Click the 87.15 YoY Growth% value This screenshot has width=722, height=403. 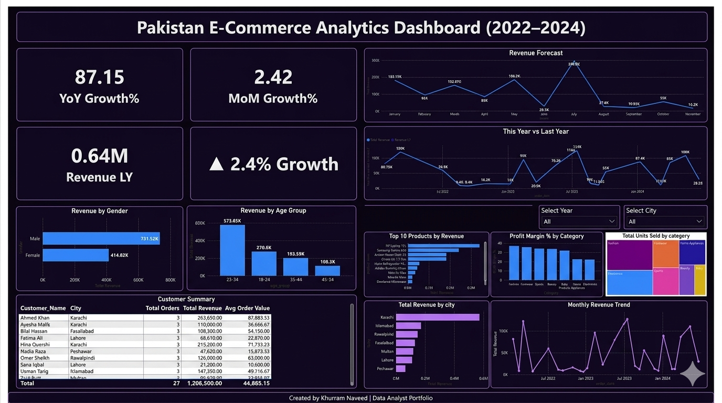click(x=99, y=77)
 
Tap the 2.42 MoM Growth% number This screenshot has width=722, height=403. click(x=273, y=77)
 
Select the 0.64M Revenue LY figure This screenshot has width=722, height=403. click(x=99, y=156)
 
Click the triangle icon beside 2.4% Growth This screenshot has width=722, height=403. click(x=216, y=164)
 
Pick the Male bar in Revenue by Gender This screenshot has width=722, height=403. click(x=101, y=239)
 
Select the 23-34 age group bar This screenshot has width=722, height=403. click(x=232, y=250)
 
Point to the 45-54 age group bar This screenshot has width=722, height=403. click(x=327, y=270)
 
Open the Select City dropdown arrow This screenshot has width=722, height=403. click(x=698, y=222)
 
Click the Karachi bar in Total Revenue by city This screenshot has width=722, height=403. click(x=438, y=317)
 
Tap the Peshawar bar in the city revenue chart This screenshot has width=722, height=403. click(x=401, y=369)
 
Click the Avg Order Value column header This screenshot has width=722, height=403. click(x=247, y=309)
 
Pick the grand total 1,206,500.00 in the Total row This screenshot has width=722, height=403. click(x=203, y=384)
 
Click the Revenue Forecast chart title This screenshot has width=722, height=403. click(x=536, y=53)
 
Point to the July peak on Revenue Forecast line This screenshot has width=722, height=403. click(x=574, y=62)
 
